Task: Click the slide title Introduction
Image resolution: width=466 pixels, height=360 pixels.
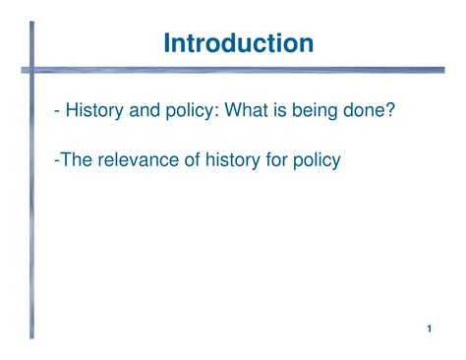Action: [239, 43]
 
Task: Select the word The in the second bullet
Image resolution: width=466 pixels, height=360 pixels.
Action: [76, 158]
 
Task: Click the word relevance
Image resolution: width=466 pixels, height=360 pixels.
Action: [139, 158]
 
